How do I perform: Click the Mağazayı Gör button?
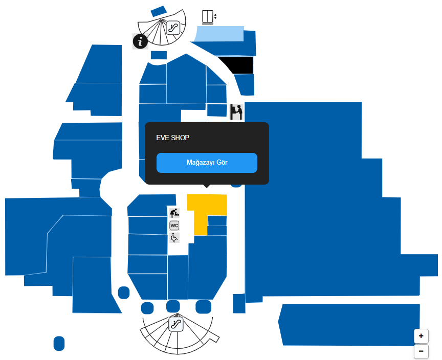pyautogui.click(x=207, y=163)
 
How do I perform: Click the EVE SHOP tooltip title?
pyautogui.click(x=173, y=138)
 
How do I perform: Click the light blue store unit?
pyautogui.click(x=219, y=34)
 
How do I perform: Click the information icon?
pyautogui.click(x=140, y=41)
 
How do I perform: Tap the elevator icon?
pyautogui.click(x=209, y=17)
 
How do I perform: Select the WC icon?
pyautogui.click(x=174, y=226)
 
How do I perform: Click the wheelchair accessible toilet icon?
pyautogui.click(x=174, y=238)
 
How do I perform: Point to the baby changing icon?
pyautogui.click(x=174, y=213)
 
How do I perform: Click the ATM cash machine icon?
pyautogui.click(x=236, y=112)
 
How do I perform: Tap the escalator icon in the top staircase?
pyautogui.click(x=173, y=28)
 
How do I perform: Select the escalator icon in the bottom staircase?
pyautogui.click(x=176, y=324)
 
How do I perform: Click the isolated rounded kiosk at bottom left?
pyautogui.click(x=59, y=343)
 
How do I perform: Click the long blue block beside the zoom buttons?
pyautogui.click(x=349, y=325)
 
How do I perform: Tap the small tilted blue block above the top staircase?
pyautogui.click(x=159, y=12)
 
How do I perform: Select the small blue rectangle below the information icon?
pyautogui.click(x=159, y=55)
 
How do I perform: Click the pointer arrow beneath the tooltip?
pyautogui.click(x=207, y=186)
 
